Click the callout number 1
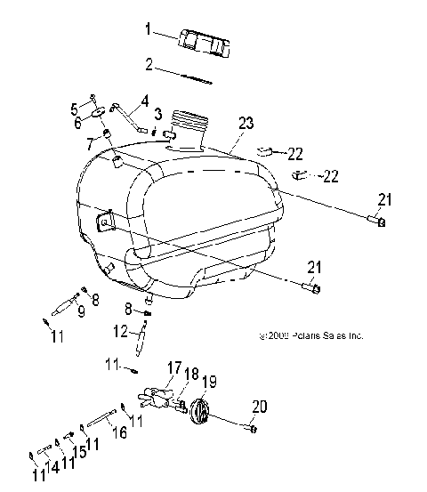pyautogui.click(x=149, y=30)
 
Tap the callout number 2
pyautogui.click(x=149, y=63)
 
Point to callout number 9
pyautogui.click(x=80, y=311)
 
